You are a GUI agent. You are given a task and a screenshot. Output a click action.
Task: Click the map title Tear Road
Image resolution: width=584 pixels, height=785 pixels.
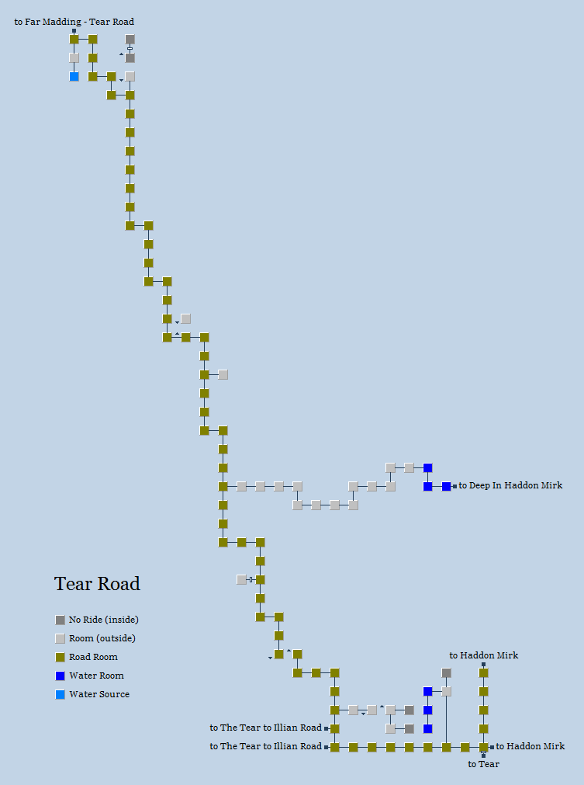tap(97, 584)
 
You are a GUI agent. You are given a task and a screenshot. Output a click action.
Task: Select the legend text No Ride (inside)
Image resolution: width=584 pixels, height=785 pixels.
tap(103, 620)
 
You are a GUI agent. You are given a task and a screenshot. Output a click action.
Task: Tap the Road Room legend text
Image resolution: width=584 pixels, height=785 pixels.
tap(93, 657)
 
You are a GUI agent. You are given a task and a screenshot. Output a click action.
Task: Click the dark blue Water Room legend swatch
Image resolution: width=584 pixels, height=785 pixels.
tap(60, 676)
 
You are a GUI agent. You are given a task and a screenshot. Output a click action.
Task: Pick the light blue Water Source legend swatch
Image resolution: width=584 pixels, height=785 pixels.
tap(60, 694)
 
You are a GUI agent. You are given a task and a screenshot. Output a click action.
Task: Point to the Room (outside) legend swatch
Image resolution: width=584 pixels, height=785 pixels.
tap(60, 638)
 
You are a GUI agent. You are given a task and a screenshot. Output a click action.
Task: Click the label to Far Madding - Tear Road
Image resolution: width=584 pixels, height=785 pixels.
tap(74, 22)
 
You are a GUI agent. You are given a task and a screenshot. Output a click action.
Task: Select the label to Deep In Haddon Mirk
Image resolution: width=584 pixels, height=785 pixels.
tap(510, 486)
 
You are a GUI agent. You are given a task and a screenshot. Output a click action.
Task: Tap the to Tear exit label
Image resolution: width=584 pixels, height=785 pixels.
tap(484, 764)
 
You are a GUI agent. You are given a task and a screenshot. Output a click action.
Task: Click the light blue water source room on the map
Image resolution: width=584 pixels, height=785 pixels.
tap(74, 76)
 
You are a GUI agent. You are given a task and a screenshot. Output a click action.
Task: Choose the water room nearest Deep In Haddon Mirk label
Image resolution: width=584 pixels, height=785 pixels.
tap(447, 486)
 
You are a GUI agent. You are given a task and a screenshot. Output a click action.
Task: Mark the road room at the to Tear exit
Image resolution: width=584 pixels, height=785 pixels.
tap(484, 747)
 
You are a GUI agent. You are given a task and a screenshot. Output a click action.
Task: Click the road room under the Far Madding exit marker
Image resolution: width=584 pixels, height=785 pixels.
tap(74, 39)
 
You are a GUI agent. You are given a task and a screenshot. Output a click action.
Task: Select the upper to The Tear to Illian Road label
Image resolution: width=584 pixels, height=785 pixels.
tap(265, 728)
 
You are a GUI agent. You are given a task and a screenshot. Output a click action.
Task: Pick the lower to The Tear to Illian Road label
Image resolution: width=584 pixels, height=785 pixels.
tap(265, 747)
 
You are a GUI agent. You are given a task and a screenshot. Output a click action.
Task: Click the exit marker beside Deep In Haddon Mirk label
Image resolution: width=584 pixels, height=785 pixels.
tap(455, 486)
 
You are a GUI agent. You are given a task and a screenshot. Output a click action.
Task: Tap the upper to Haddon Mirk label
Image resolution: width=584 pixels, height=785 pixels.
tap(484, 655)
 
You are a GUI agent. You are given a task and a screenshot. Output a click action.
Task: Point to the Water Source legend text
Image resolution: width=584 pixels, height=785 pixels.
tap(99, 694)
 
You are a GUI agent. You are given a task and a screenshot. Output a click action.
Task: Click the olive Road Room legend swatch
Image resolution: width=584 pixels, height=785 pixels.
tap(60, 657)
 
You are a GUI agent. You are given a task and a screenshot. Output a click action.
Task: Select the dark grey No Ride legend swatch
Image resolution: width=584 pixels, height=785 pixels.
tap(60, 620)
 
